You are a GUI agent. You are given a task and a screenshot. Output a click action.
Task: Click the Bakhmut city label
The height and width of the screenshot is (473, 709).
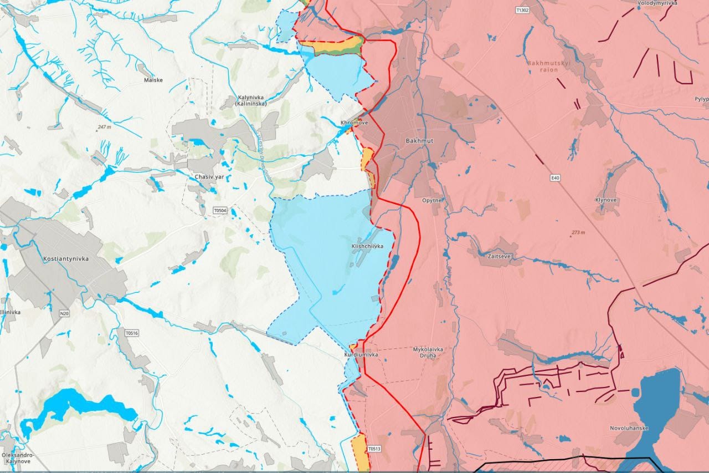pos(419,141)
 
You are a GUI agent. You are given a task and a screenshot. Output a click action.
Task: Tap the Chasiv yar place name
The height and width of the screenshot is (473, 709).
pos(209,177)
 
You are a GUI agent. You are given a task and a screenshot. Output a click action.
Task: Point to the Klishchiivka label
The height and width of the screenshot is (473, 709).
pos(367,246)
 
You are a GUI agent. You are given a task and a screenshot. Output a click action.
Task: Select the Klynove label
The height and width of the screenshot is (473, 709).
pos(606,200)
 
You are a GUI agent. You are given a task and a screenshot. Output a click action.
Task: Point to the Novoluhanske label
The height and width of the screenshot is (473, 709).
pos(629,428)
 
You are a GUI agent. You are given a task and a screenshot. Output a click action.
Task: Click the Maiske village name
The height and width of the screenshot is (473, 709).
pos(153,80)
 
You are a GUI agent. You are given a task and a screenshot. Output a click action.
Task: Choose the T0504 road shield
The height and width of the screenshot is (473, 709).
pos(220,211)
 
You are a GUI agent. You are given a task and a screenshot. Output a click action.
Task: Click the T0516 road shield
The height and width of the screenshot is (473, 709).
pos(131,333)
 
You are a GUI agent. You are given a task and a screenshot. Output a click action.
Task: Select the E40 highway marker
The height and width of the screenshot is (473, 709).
pos(556,178)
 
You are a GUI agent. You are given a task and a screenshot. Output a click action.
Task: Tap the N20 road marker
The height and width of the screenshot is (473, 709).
pos(64,314)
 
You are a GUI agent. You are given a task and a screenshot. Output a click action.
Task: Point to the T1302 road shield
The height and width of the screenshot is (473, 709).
pos(522,10)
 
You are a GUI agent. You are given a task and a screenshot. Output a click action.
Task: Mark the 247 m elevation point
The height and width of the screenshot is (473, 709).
pos(104,128)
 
